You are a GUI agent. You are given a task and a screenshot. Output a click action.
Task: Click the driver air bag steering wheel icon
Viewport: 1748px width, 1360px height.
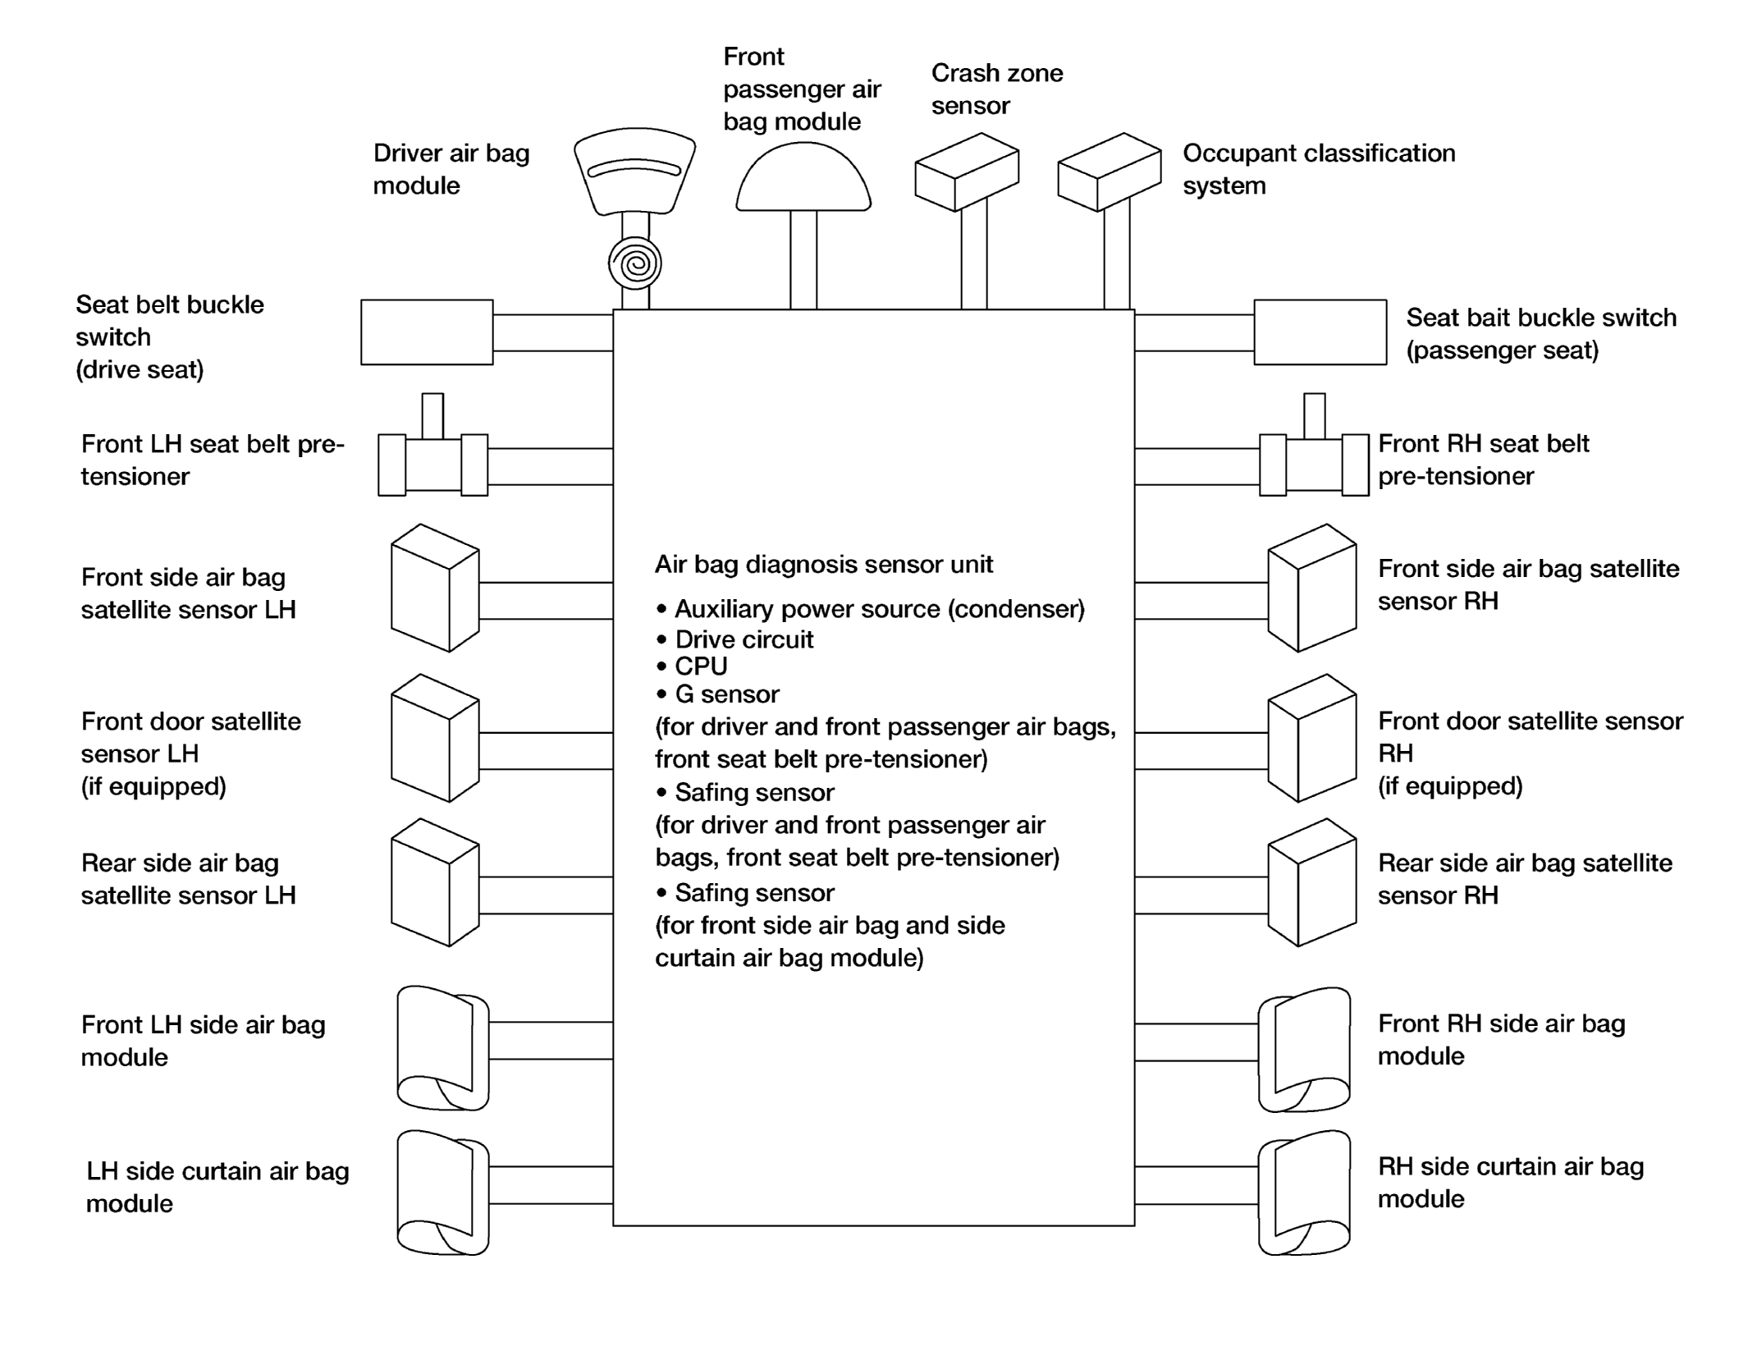pyautogui.click(x=634, y=171)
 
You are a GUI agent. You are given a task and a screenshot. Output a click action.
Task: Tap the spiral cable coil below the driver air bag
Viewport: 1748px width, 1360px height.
pyautogui.click(x=634, y=263)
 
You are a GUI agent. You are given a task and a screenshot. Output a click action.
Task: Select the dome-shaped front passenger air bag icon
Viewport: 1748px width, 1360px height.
pyautogui.click(x=803, y=177)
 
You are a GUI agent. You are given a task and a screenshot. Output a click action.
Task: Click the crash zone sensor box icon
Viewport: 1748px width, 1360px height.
pyautogui.click(x=967, y=172)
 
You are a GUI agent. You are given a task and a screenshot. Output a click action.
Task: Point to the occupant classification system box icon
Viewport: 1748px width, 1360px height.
pyautogui.click(x=1110, y=172)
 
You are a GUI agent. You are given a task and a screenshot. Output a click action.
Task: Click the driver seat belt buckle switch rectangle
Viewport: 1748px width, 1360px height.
pyautogui.click(x=427, y=332)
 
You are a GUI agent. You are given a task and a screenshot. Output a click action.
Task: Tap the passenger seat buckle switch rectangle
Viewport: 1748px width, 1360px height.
pyautogui.click(x=1320, y=332)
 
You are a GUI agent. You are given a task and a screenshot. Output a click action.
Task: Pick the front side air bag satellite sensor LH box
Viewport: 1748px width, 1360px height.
pyautogui.click(x=435, y=588)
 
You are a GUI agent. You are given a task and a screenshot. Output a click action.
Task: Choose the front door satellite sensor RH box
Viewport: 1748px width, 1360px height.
pyautogui.click(x=1312, y=738)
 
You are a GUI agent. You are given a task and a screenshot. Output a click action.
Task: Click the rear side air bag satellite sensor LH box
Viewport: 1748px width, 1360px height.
pyautogui.click(x=435, y=882)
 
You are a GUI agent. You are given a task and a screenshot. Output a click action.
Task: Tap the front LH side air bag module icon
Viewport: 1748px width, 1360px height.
pyautogui.click(x=443, y=1048)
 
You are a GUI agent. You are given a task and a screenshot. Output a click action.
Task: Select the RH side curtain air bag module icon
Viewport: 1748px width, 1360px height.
pyautogui.click(x=1305, y=1193)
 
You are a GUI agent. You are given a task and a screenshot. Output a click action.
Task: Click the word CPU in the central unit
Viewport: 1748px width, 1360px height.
pyautogui.click(x=701, y=666)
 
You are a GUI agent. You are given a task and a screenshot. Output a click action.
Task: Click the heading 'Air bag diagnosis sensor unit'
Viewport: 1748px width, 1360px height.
pyautogui.click(x=824, y=565)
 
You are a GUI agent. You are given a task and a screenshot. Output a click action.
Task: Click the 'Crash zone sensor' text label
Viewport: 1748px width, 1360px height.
pyautogui.click(x=997, y=89)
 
